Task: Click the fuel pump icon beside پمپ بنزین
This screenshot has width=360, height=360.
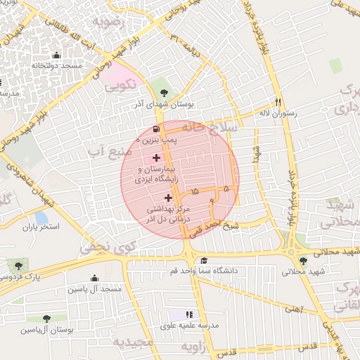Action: click(156, 129)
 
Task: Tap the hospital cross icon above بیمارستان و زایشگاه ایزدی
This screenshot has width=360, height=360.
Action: click(155, 157)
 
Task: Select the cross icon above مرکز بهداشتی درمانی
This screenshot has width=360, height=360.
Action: click(168, 198)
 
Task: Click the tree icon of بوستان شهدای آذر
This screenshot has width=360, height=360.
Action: click(164, 91)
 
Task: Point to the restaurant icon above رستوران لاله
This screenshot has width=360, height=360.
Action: click(278, 101)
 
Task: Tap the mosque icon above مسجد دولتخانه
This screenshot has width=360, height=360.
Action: click(56, 55)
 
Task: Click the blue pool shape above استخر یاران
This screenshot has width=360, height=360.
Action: click(41, 218)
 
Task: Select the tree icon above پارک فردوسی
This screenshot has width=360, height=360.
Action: click(18, 265)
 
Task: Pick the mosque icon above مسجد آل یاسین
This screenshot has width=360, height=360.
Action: click(94, 278)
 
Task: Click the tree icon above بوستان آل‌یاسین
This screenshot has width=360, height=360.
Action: click(46, 319)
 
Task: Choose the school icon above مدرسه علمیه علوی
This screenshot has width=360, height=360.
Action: click(189, 314)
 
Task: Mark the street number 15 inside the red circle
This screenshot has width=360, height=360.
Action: click(194, 191)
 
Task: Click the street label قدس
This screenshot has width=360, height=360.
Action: click(308, 345)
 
